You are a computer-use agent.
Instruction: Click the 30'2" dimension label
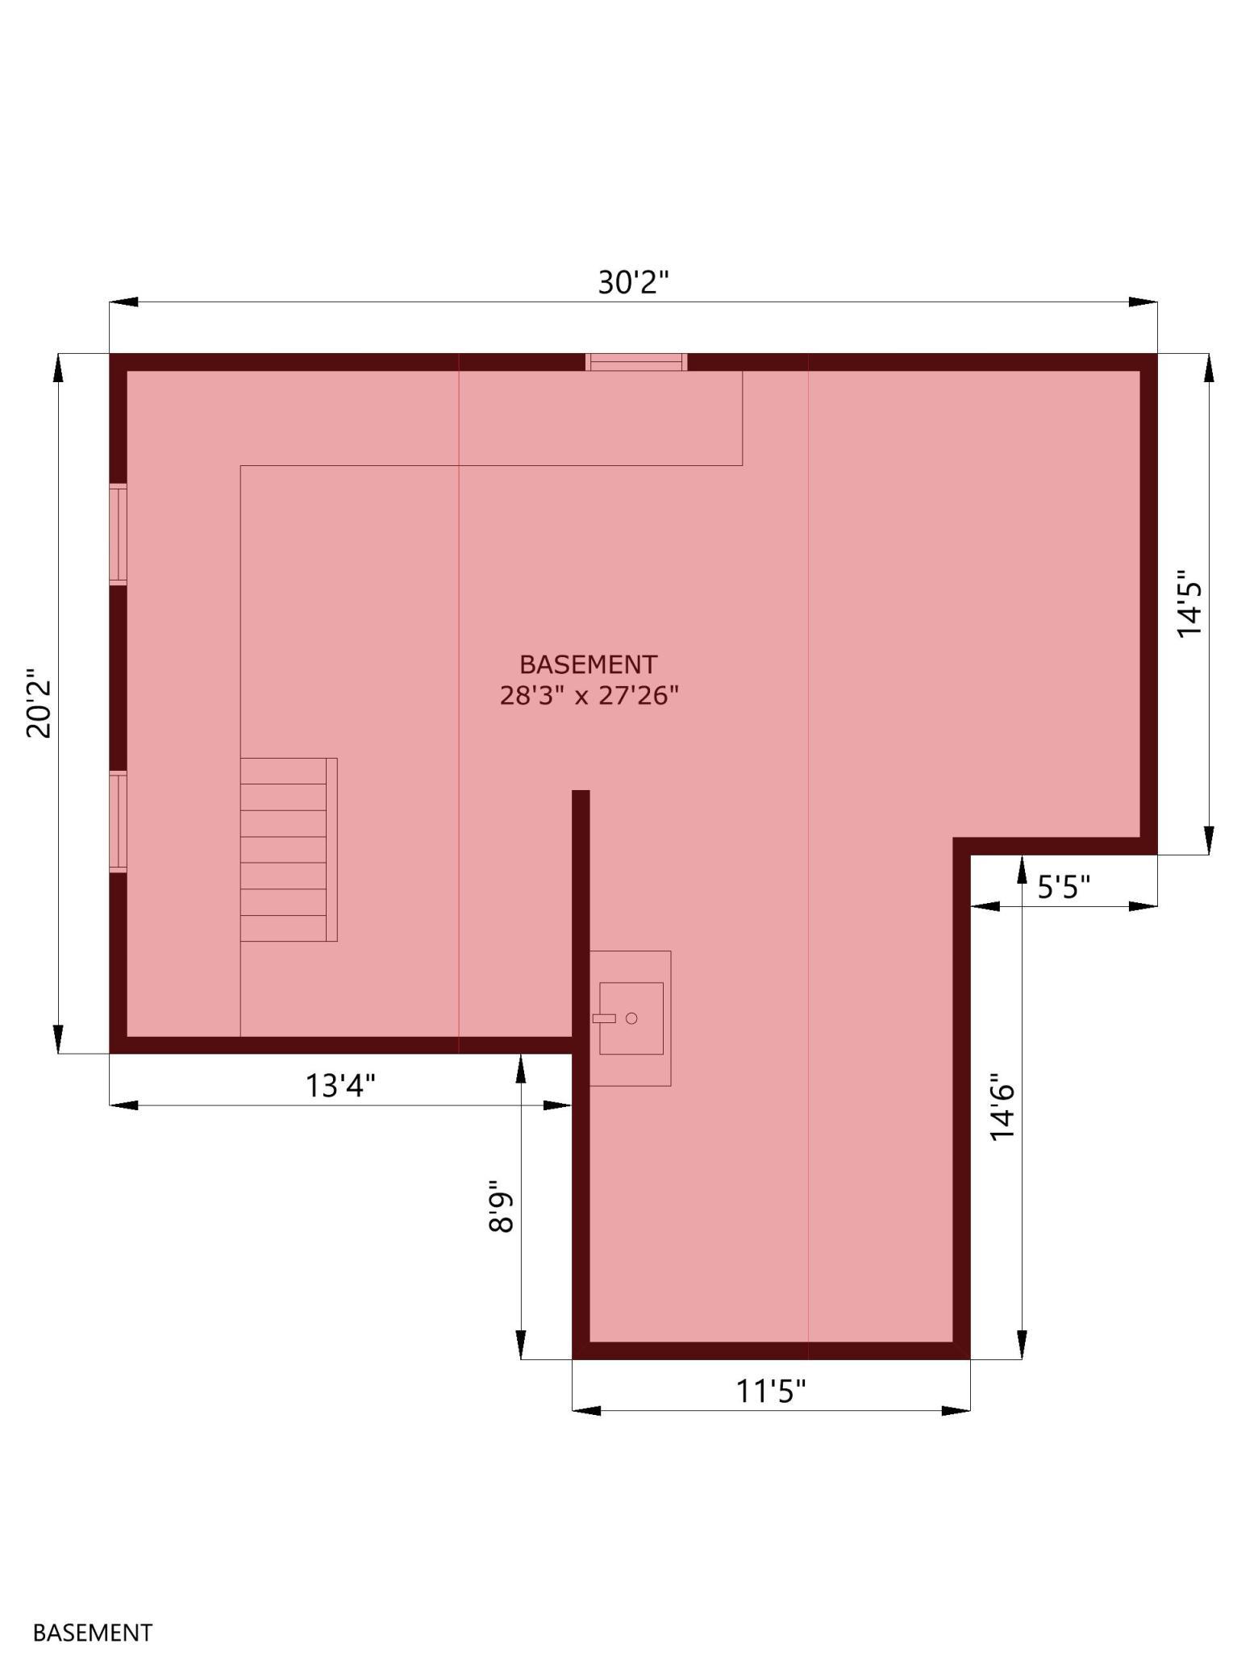[634, 282]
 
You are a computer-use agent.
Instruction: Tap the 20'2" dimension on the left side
[39, 703]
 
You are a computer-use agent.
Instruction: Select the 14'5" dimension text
[1189, 604]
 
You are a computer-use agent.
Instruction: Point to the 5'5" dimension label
[1064, 887]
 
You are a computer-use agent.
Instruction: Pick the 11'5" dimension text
[771, 1391]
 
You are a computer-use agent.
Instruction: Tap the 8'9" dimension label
[501, 1207]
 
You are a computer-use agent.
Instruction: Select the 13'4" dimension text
[340, 1085]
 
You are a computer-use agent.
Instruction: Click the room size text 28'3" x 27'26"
[589, 695]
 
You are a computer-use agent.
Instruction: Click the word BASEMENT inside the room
[589, 664]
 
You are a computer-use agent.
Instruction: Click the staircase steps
[289, 850]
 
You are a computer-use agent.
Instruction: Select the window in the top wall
[636, 362]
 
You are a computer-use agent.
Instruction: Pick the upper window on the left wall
[119, 535]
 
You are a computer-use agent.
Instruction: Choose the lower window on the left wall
[119, 822]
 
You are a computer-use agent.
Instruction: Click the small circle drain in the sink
[631, 1018]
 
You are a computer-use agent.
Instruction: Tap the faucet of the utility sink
[604, 1018]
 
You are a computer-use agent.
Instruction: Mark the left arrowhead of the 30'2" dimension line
[123, 302]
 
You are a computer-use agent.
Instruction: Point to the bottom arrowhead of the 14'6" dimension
[1022, 1345]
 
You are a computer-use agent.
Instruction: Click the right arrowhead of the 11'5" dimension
[956, 1410]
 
